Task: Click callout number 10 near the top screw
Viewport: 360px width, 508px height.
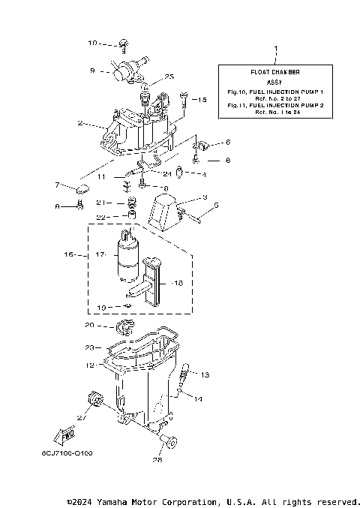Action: coord(93,43)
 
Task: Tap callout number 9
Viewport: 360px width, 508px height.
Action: coord(92,71)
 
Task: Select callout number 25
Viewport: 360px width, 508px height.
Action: coord(169,77)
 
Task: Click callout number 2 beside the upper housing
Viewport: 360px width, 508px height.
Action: coord(79,123)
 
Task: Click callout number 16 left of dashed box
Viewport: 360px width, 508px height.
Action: coord(70,254)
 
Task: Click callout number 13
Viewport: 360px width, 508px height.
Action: coord(205,374)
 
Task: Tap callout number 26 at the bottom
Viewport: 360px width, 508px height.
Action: coord(157,461)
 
